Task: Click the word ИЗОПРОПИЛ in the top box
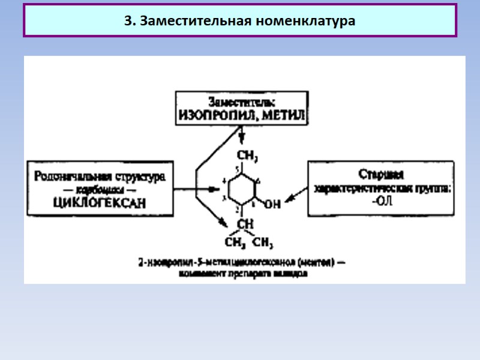[213, 114]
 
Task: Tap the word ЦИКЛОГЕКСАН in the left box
[99, 202]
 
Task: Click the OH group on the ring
[272, 204]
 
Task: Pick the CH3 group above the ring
[247, 157]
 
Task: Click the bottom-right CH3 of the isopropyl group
[263, 243]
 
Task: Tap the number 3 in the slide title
[127, 21]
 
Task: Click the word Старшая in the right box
[381, 175]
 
